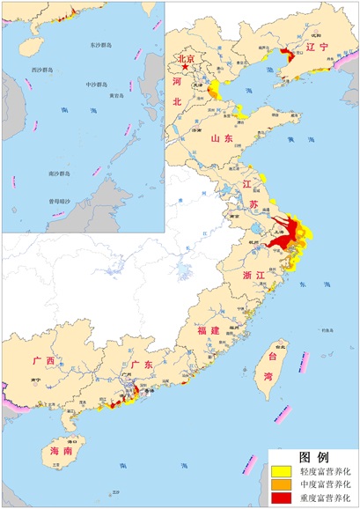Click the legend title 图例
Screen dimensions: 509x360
pos(313,457)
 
